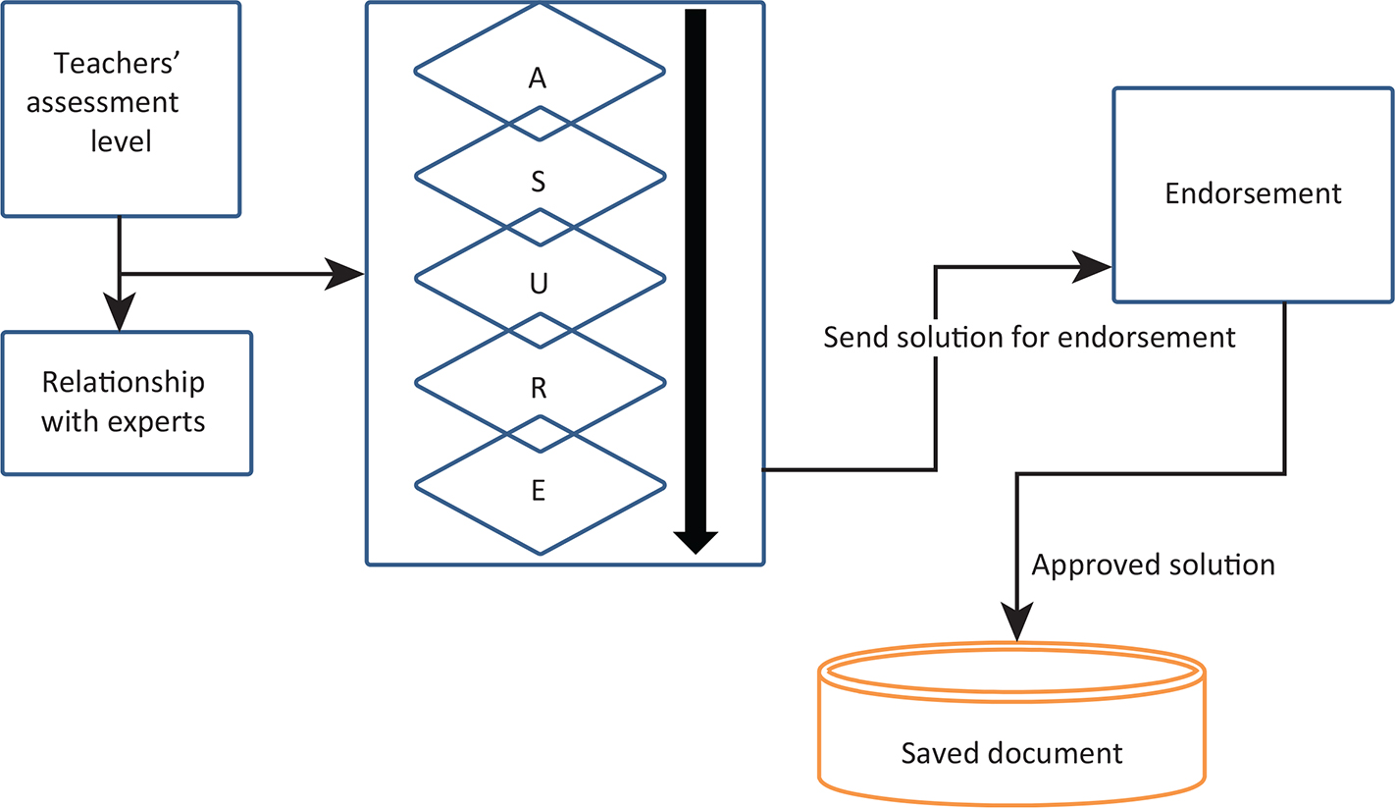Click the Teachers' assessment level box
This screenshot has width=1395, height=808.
[121, 108]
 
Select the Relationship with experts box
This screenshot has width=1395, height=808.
[127, 403]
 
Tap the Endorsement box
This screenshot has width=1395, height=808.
[1253, 194]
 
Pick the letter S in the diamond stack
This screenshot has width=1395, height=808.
[538, 183]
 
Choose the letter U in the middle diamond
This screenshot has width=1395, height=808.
[538, 286]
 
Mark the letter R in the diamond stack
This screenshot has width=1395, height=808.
[538, 389]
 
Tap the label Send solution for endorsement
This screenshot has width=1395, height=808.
[1028, 339]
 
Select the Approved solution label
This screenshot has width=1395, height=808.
[1154, 566]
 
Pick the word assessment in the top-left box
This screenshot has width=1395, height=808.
[103, 102]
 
